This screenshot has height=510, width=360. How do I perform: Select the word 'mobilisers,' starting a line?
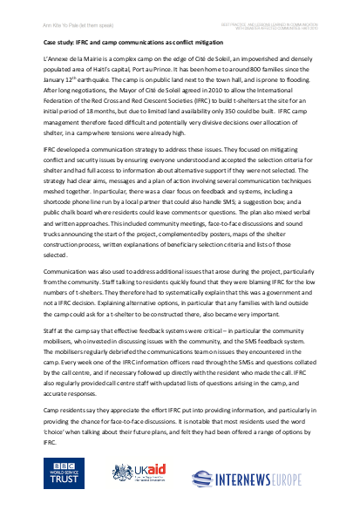tap(62, 343)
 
